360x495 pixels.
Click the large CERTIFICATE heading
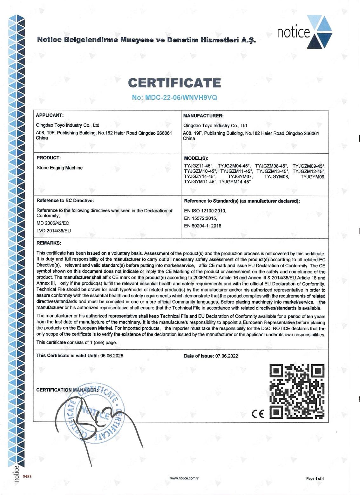pyautogui.click(x=174, y=83)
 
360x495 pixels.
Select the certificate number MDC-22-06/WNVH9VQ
pyautogui.click(x=174, y=97)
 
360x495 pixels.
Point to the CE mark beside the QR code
pyautogui.click(x=257, y=414)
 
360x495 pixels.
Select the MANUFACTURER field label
pyautogui.click(x=203, y=116)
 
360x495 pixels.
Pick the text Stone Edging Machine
pyautogui.click(x=60, y=168)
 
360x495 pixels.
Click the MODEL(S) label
pyautogui.click(x=196, y=158)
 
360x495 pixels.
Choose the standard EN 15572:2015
pyautogui.click(x=200, y=218)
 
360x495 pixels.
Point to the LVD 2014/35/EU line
pyautogui.click(x=54, y=231)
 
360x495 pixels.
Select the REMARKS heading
pyautogui.click(x=49, y=243)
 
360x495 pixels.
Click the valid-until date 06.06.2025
pyautogui.click(x=112, y=356)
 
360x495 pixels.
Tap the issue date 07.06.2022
pyautogui.click(x=227, y=356)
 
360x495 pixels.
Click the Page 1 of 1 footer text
pyautogui.click(x=315, y=478)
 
